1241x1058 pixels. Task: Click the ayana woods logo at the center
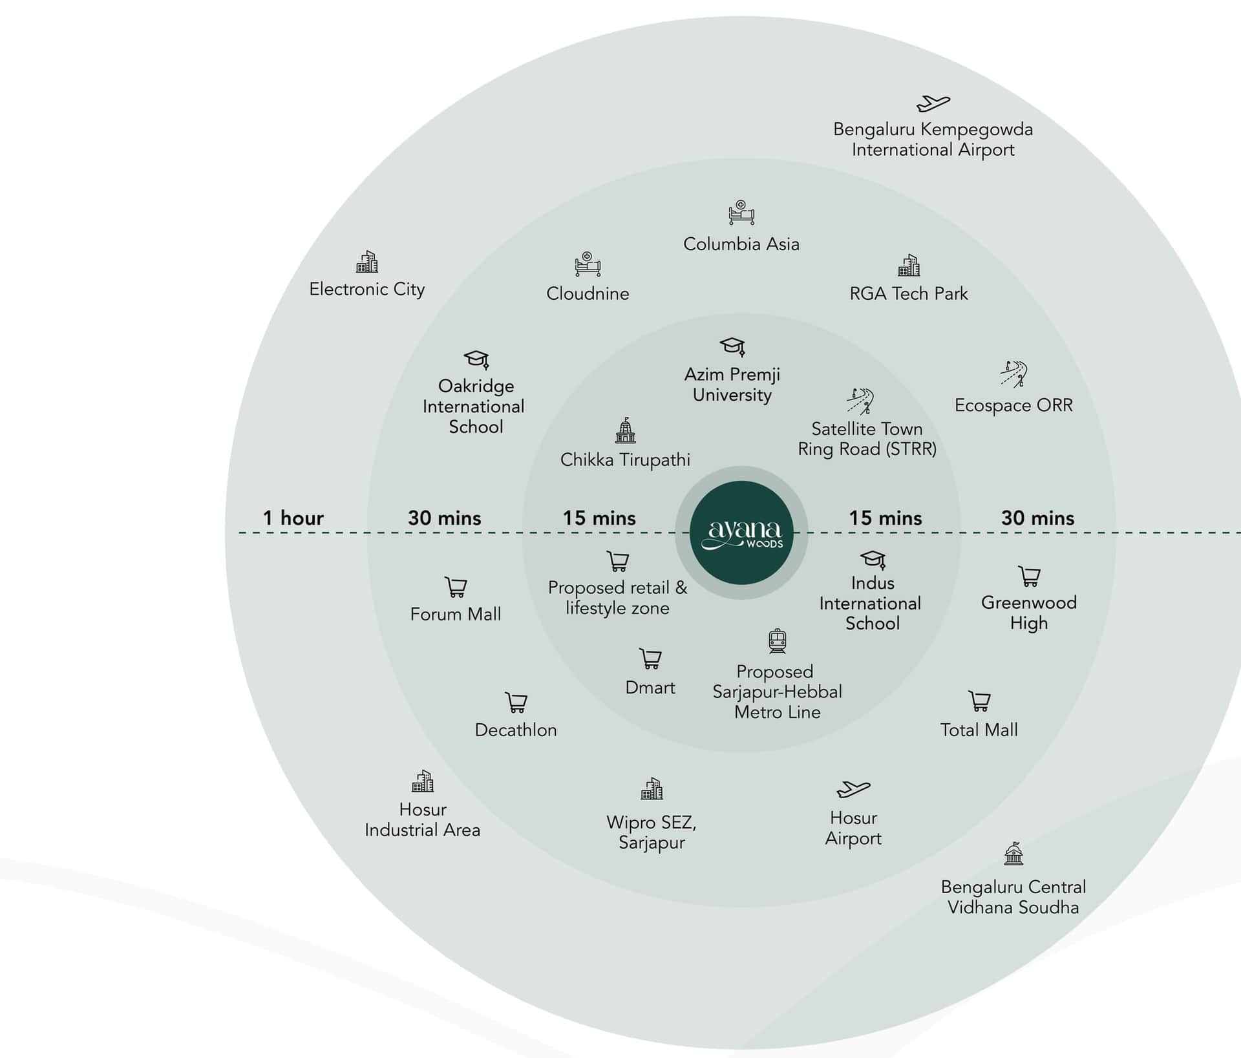click(x=741, y=533)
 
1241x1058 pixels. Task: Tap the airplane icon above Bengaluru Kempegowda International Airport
click(x=933, y=103)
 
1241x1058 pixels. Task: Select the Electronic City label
click(x=367, y=290)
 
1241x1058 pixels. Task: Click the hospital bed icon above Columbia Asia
click(x=741, y=213)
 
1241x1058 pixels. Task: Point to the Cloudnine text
click(x=588, y=293)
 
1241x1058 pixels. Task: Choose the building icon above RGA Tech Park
click(x=909, y=265)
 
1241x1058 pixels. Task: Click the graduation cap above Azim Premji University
click(x=732, y=346)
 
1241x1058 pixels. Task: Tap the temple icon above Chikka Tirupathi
click(x=625, y=430)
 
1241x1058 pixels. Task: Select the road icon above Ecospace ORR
click(x=1013, y=374)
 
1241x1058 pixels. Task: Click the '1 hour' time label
click(x=293, y=518)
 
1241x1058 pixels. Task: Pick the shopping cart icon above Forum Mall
click(x=456, y=587)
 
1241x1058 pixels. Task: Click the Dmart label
click(x=650, y=688)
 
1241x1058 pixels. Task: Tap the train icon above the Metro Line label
click(x=777, y=641)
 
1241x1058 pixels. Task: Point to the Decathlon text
click(x=516, y=730)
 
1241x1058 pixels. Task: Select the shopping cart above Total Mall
click(x=979, y=701)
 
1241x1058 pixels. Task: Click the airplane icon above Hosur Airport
click(x=853, y=789)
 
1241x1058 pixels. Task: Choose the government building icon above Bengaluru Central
click(x=1013, y=854)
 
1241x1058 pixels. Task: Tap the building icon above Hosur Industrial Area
click(x=423, y=781)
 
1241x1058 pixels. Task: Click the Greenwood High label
click(x=1029, y=613)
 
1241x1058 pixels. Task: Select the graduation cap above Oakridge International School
click(x=476, y=359)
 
